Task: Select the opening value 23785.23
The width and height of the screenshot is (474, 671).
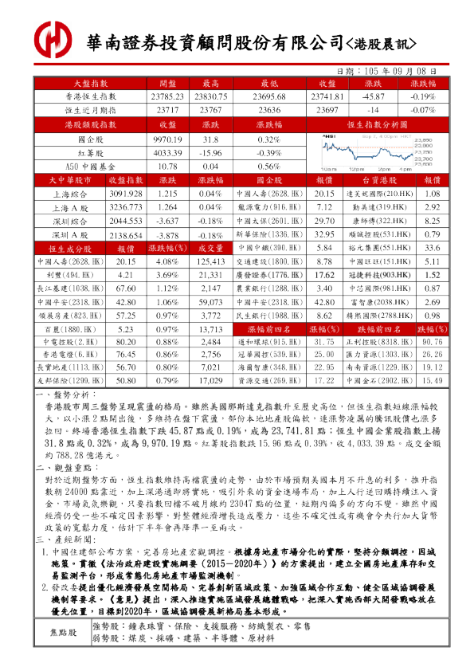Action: (x=167, y=96)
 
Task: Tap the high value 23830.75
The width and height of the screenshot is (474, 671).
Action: (x=210, y=96)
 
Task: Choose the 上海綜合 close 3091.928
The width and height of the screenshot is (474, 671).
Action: (x=126, y=194)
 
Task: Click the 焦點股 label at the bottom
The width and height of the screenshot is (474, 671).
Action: (x=64, y=633)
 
